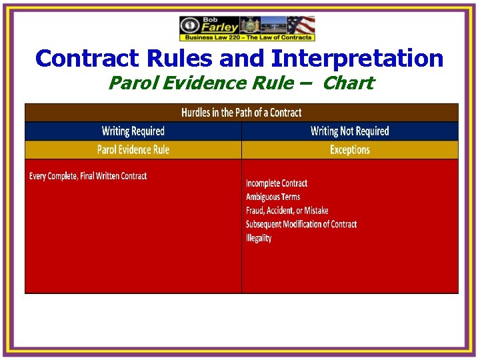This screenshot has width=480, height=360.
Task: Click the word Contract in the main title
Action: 85,59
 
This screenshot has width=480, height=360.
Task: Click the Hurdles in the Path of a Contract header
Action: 241,113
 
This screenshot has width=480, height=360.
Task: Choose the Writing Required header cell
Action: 133,131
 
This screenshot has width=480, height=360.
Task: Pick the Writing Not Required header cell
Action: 349,131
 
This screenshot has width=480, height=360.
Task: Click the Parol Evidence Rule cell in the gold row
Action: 133,149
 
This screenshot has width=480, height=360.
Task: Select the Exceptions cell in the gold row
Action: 349,149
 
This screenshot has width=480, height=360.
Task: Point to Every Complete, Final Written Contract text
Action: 88,176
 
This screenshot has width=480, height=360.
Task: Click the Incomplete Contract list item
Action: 277,183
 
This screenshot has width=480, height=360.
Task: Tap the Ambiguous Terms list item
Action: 273,197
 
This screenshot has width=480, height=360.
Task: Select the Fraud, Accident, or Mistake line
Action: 287,211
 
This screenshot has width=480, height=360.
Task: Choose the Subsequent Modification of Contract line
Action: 301,224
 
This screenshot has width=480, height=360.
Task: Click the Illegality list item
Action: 259,238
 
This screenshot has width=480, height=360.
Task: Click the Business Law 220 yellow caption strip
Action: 247,38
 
